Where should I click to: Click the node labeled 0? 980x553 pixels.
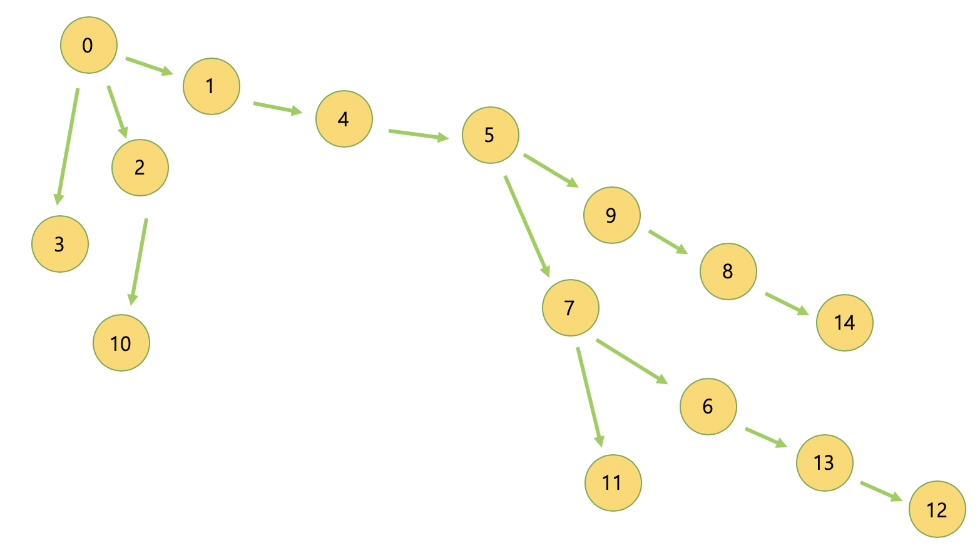click(88, 46)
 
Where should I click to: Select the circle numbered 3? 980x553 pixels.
click(60, 244)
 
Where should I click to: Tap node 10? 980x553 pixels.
click(121, 343)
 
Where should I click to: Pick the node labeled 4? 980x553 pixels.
click(344, 119)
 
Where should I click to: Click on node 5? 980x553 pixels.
click(490, 135)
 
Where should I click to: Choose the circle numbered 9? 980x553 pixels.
click(611, 215)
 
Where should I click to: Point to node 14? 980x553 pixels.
click(844, 323)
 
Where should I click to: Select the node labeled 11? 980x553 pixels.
click(613, 483)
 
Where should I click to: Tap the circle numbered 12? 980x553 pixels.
click(937, 510)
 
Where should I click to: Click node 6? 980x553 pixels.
click(708, 407)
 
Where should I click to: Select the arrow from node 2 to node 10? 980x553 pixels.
click(139, 260)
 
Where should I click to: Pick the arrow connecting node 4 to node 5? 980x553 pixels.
click(418, 134)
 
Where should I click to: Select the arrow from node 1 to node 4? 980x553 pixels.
click(277, 108)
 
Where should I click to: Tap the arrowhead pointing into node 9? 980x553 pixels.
click(573, 183)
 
